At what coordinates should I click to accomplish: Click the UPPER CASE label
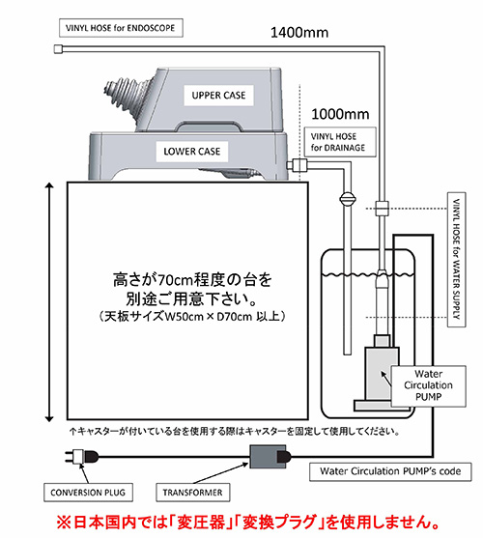(x=218, y=96)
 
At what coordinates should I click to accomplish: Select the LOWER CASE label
(x=192, y=152)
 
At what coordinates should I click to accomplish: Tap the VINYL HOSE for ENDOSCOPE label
(x=121, y=28)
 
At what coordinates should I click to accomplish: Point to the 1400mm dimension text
(x=299, y=33)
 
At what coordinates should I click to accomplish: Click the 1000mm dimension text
(x=340, y=114)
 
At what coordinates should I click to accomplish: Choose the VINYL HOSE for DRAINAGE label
(x=340, y=142)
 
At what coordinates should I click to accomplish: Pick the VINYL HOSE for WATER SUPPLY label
(x=457, y=260)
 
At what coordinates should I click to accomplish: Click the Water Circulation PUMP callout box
(x=429, y=386)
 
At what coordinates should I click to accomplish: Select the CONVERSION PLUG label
(x=88, y=493)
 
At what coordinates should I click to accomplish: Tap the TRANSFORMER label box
(x=193, y=493)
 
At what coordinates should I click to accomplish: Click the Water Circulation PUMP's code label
(x=390, y=471)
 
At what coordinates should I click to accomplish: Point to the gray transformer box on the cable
(x=268, y=456)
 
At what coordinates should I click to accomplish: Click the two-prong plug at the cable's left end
(x=81, y=457)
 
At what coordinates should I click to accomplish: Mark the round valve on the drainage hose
(x=348, y=199)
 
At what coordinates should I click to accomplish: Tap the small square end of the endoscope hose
(x=59, y=49)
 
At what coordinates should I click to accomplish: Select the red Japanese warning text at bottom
(x=247, y=523)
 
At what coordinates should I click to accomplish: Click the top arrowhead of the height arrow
(x=49, y=186)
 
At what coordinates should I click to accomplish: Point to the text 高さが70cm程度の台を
(x=192, y=280)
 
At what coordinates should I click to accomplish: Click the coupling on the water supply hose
(x=382, y=208)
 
